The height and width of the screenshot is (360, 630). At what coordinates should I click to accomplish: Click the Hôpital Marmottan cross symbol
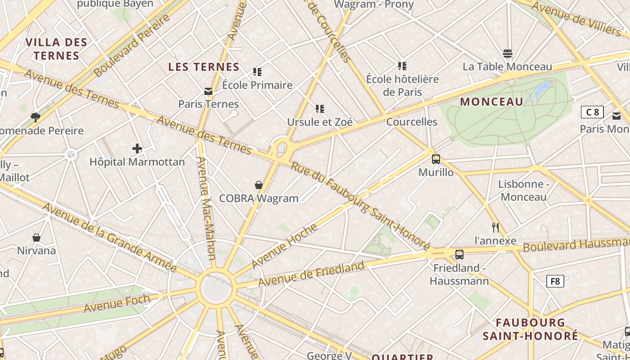[x=137, y=148]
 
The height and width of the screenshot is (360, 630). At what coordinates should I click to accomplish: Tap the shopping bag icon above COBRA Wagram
[x=259, y=185]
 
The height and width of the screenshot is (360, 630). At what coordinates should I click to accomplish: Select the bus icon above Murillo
[x=436, y=159]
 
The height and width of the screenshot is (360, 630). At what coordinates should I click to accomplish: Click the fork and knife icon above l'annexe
[x=495, y=227]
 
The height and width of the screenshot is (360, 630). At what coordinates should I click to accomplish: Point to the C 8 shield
[x=592, y=112]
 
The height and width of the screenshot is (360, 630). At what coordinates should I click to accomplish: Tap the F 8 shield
[x=555, y=282]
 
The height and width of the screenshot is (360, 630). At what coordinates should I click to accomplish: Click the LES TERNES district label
[x=203, y=67]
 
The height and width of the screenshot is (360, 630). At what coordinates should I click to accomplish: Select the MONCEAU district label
[x=491, y=102]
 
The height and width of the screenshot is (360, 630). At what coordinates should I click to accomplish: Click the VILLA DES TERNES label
[x=56, y=49]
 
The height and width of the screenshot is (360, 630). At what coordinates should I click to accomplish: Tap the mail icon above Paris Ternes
[x=208, y=91]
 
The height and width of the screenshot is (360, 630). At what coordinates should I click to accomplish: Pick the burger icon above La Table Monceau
[x=508, y=54]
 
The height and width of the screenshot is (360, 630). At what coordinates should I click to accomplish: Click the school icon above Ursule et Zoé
[x=320, y=109]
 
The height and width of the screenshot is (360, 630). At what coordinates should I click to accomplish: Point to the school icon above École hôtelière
[x=402, y=66]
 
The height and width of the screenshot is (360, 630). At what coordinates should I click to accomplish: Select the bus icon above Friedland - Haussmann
[x=459, y=255]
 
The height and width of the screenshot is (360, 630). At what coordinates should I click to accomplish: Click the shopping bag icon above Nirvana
[x=36, y=238]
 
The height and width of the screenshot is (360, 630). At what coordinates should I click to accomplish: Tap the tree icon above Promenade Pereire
[x=36, y=117]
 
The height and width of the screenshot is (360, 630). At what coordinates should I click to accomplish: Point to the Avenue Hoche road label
[x=284, y=246]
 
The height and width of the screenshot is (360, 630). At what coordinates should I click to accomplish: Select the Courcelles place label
[x=412, y=122]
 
